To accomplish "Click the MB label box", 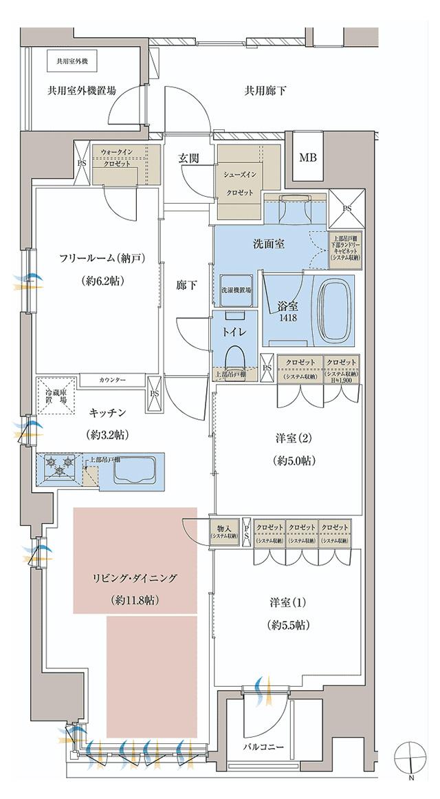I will click(x=307, y=158).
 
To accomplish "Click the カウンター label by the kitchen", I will click(x=112, y=380).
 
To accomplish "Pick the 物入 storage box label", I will click(x=224, y=531).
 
